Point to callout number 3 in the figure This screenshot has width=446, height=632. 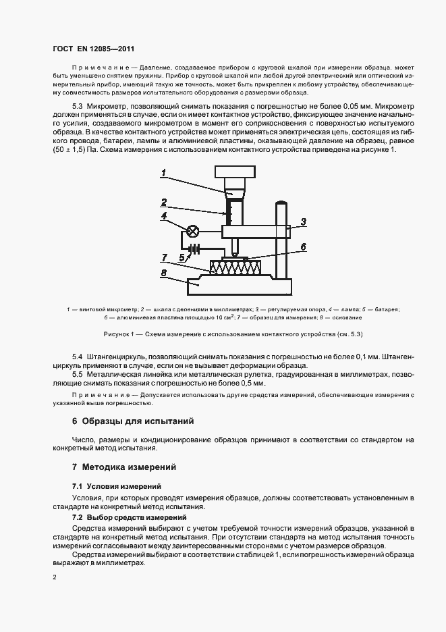(x=304, y=221)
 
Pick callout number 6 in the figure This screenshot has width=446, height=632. (x=304, y=247)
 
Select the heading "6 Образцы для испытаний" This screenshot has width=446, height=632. (x=133, y=421)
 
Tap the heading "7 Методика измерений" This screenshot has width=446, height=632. (x=124, y=467)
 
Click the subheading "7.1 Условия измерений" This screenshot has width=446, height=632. (x=117, y=486)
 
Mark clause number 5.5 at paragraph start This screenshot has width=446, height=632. (x=78, y=374)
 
